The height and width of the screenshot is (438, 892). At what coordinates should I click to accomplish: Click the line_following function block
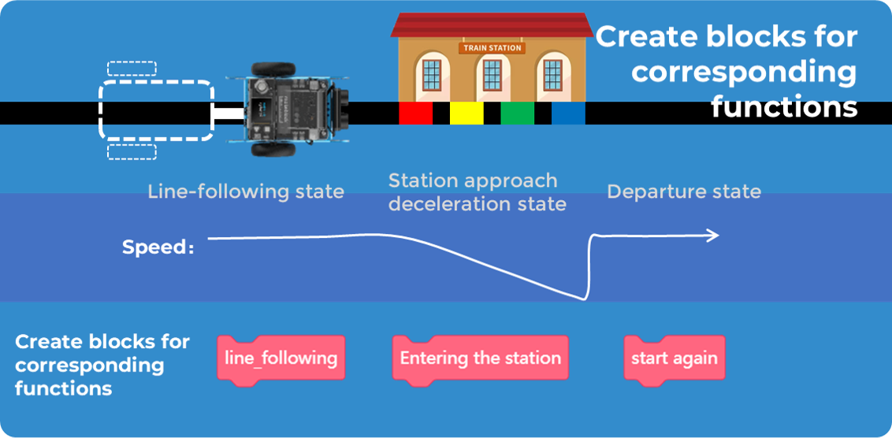pos(281,358)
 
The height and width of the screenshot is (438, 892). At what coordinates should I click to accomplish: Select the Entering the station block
pos(480,358)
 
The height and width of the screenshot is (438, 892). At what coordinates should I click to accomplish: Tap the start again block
pos(675,358)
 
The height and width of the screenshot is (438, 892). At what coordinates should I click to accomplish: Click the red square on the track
pos(415,113)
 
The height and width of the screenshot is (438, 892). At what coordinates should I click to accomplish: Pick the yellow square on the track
pos(466,113)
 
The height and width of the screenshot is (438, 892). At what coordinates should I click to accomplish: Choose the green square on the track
pos(517,113)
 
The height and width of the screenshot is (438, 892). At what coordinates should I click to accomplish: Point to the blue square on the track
pos(568,113)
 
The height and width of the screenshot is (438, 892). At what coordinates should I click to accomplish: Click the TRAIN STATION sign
pos(492,48)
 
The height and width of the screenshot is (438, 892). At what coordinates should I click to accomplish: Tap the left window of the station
pos(431,75)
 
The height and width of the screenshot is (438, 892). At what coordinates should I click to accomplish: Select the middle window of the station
pos(492,75)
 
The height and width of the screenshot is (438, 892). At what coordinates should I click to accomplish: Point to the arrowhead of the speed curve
pos(713,235)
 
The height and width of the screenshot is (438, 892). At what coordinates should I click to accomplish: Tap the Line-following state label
pos(246,191)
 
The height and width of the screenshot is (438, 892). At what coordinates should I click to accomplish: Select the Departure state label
pos(683,191)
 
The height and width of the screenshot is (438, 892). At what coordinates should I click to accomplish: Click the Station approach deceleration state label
pos(477,192)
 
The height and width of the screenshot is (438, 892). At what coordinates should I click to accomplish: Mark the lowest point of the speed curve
pos(584,299)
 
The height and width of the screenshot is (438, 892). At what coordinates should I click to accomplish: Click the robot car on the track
pos(292,109)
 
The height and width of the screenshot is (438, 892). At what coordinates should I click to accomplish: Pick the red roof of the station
pos(492,24)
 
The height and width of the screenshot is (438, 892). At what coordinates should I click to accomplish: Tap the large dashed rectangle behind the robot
pos(156,110)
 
